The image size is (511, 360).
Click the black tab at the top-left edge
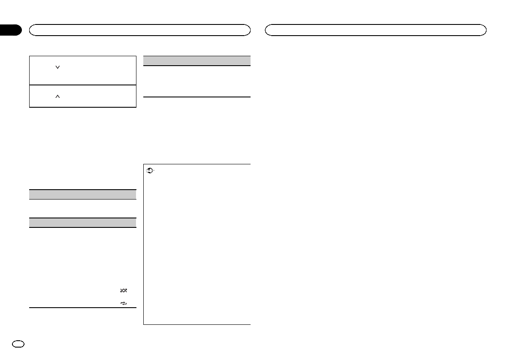click(x=10, y=30)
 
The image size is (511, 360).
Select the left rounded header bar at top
click(x=139, y=30)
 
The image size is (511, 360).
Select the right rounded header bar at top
click(x=376, y=30)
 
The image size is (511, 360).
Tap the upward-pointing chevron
click(x=57, y=97)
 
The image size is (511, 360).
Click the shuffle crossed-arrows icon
click(x=124, y=290)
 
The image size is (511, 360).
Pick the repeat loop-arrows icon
click(x=124, y=303)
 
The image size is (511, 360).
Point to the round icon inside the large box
click(x=149, y=170)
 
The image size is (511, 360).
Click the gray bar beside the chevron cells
click(x=197, y=61)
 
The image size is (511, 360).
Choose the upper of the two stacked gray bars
click(x=82, y=194)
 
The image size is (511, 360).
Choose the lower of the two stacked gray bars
click(x=82, y=222)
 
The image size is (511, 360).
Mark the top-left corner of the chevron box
click(x=29, y=56)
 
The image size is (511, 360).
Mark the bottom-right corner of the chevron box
click(x=136, y=107)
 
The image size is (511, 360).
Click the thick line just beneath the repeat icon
click(x=82, y=308)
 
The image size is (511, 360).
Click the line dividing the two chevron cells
click(x=82, y=85)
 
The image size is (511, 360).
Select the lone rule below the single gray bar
click(x=197, y=97)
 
